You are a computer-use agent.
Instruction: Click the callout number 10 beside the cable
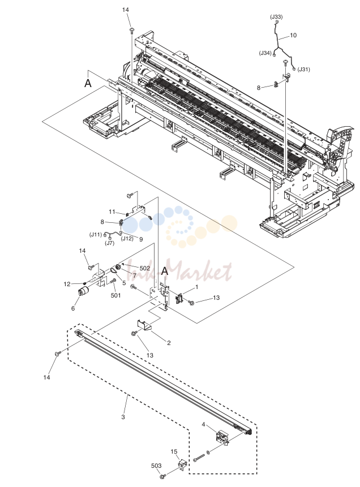tap(293, 36)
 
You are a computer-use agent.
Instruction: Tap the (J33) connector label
tap(276, 17)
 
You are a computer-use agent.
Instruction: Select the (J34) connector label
tap(265, 53)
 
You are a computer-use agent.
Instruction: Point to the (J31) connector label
tap(304, 69)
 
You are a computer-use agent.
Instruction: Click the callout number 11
tap(112, 212)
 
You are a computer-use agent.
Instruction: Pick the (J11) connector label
tap(96, 235)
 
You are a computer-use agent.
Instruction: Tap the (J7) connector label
tap(109, 243)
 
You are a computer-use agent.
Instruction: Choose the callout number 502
tap(145, 268)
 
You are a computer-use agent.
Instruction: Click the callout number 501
tap(115, 295)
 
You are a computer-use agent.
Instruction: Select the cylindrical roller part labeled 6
tap(83, 292)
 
